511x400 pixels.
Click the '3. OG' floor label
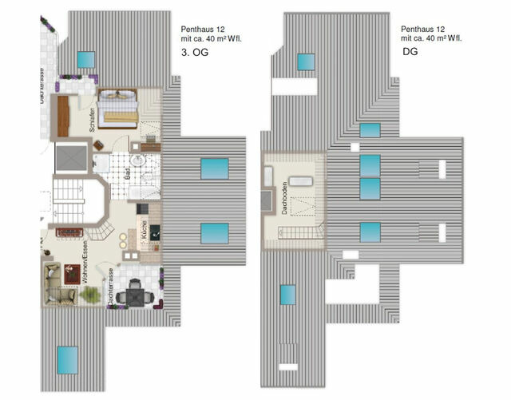[x=196, y=53]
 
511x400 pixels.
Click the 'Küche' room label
[x=142, y=229]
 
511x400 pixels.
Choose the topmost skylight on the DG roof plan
[x=307, y=61]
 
